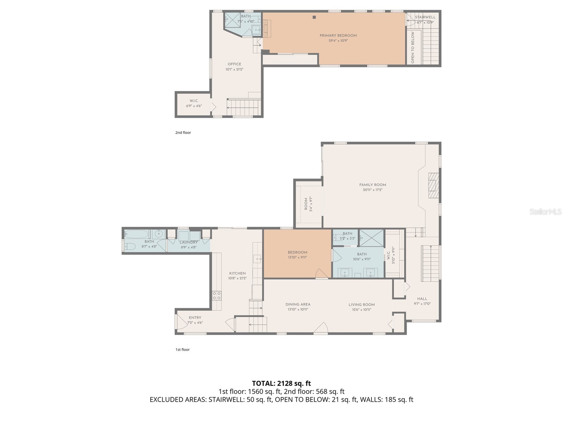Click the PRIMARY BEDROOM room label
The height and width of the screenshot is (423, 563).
point(338,36)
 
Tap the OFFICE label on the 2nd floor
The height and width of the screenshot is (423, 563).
point(234,64)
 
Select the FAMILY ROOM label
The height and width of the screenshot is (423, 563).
point(373,185)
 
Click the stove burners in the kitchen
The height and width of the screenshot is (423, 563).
point(217,295)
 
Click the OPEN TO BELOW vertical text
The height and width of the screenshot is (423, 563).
point(413,48)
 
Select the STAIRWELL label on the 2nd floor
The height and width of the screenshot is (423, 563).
point(425,17)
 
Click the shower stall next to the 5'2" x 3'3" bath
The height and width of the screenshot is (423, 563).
point(371,238)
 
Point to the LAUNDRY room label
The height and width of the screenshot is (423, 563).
point(189,243)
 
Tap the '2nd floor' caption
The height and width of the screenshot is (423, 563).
point(183,133)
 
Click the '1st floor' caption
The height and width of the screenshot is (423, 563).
point(182,350)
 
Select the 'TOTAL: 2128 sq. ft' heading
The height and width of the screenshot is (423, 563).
point(281,383)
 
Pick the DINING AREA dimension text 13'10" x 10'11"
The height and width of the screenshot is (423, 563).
point(298,309)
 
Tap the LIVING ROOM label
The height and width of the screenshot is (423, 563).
point(361,305)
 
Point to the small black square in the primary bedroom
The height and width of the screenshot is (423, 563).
point(314,17)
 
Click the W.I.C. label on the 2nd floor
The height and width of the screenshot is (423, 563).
point(194,101)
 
